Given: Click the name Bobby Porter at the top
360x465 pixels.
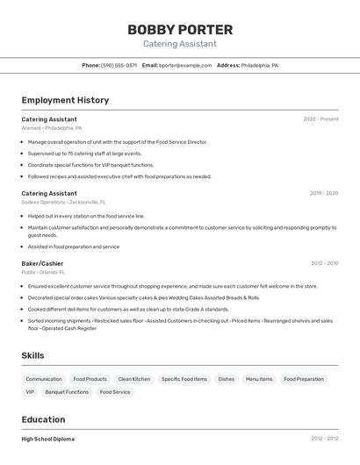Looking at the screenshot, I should [x=180, y=30].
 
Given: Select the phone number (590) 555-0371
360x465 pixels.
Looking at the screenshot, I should [x=119, y=66].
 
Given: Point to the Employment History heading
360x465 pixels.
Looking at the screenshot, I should [x=65, y=100].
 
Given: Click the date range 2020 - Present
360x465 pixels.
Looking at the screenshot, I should [x=320, y=119].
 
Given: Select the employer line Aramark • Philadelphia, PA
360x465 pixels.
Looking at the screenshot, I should [x=52, y=128].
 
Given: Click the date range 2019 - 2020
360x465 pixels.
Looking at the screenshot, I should [x=324, y=193].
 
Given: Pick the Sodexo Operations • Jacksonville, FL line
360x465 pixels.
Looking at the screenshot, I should [x=63, y=202].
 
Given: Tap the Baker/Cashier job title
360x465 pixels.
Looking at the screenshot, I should [x=42, y=263].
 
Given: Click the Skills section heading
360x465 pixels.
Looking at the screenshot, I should [x=33, y=354].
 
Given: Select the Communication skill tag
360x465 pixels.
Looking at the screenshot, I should [x=44, y=379].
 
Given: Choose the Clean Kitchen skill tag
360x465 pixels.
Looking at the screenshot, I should [x=134, y=379].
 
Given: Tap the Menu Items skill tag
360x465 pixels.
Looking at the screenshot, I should [x=259, y=379].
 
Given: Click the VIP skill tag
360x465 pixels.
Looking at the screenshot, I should [x=30, y=392].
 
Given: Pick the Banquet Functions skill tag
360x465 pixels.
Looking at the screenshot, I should [x=67, y=392].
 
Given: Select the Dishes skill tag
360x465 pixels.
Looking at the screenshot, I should [x=227, y=379].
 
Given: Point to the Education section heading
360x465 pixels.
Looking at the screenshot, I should [x=43, y=419].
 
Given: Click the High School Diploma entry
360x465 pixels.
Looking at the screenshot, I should [x=48, y=439].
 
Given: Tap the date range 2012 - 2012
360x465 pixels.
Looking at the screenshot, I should [x=324, y=439].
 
